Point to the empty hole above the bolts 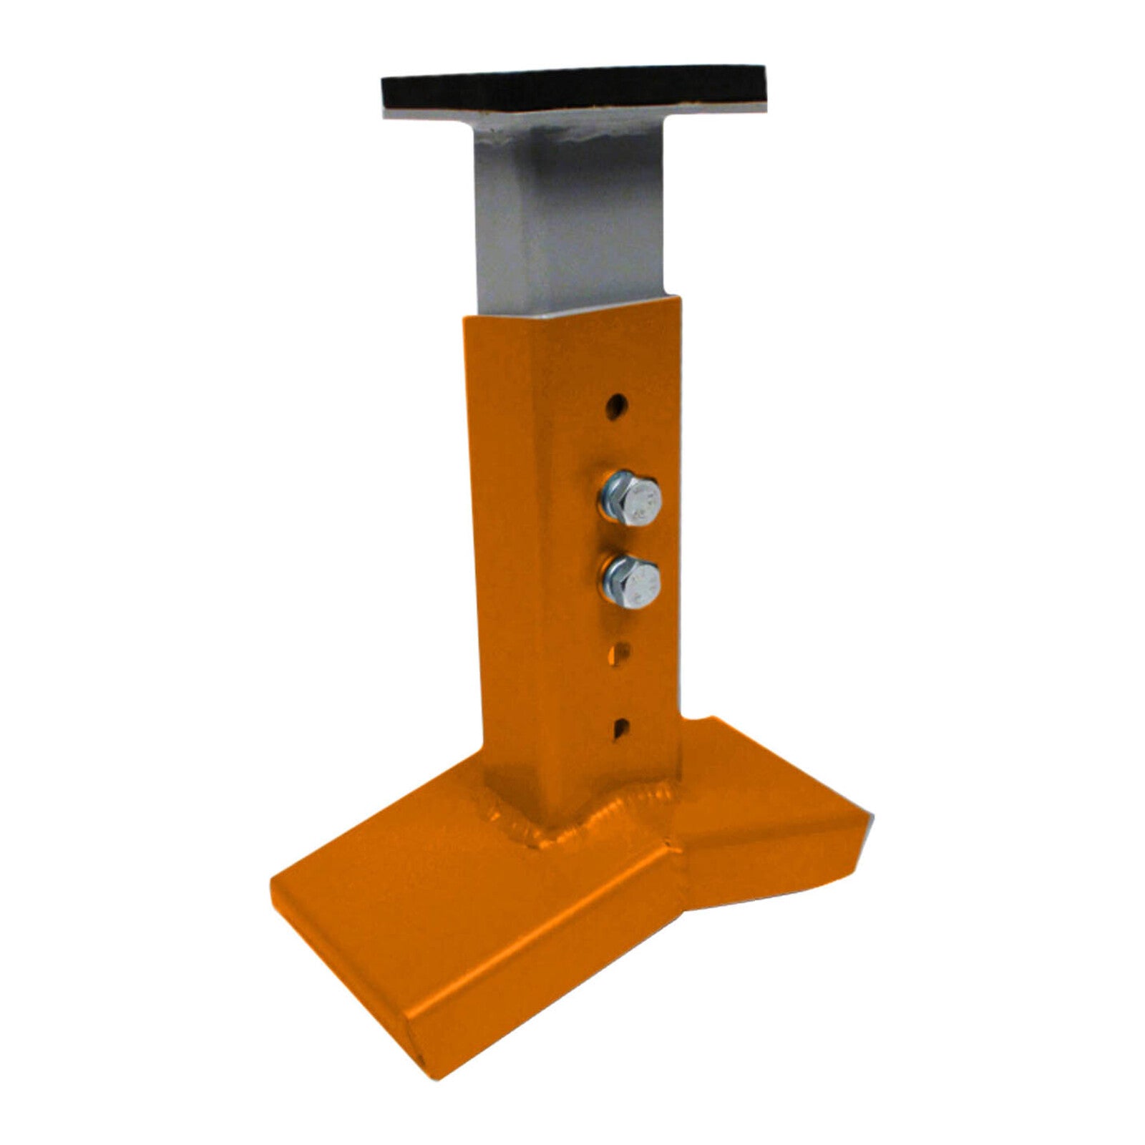[616, 409]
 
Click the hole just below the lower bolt [621, 653]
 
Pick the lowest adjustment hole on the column [620, 727]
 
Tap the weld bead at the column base [601, 823]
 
